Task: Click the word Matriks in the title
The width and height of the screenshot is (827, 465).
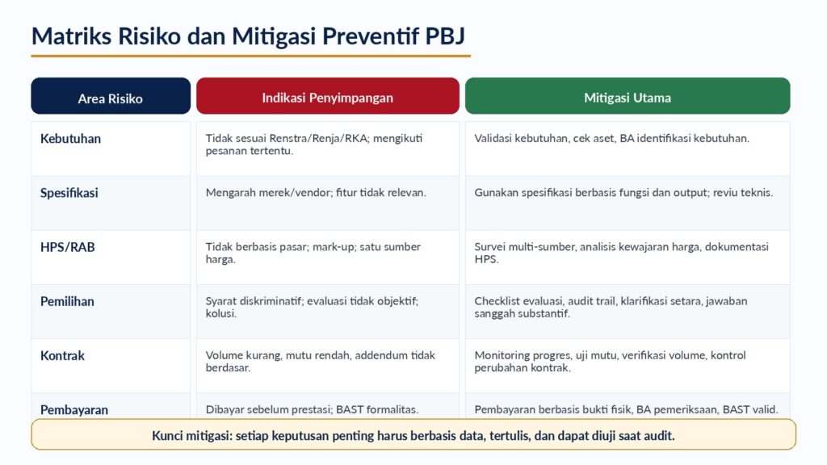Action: point(72,36)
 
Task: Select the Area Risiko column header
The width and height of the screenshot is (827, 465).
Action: point(111,96)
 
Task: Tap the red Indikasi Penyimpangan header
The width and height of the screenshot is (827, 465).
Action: point(328,96)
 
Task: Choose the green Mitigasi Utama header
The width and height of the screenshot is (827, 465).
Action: point(628,96)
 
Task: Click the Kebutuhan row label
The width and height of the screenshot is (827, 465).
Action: point(71,139)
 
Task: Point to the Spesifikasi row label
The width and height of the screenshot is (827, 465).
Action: point(69,193)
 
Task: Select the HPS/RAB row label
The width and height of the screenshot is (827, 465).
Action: point(68,247)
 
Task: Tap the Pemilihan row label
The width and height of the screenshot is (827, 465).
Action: point(67,302)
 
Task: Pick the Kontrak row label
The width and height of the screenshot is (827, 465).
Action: point(62,356)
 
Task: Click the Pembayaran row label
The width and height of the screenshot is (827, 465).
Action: point(73,409)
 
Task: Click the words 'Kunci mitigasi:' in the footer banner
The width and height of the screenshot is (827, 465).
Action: point(192,435)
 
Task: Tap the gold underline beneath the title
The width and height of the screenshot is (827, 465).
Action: point(251,56)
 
